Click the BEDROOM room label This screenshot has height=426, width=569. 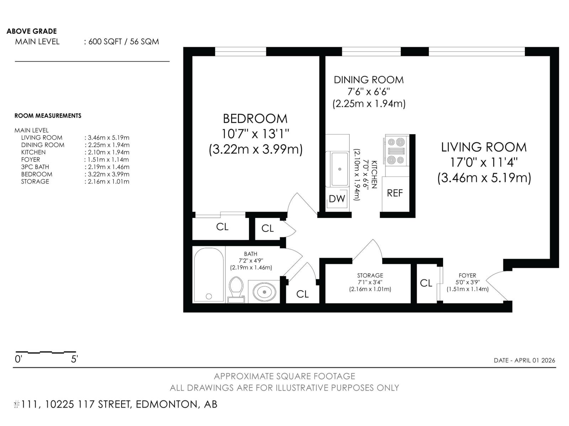(255, 119)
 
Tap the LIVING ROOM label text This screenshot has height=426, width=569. (484, 147)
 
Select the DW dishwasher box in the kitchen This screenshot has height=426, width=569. (337, 199)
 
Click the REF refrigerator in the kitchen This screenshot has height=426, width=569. (395, 193)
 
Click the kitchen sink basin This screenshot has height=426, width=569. (339, 169)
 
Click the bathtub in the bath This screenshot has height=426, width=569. (209, 275)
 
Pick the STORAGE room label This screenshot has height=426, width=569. (370, 275)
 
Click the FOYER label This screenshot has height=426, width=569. (467, 275)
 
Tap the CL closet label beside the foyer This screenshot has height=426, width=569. (426, 283)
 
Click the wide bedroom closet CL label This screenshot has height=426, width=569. (222, 227)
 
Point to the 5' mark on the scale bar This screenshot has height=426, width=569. (74, 359)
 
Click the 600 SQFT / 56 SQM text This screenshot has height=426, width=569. (123, 42)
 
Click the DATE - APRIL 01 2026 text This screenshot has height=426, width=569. (524, 360)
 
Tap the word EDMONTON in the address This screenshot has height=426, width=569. (165, 404)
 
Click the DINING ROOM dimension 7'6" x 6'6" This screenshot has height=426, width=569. (369, 92)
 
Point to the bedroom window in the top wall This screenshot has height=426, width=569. (240, 52)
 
